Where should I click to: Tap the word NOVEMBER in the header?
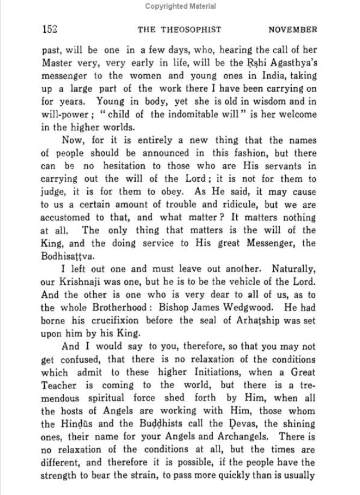[x=292, y=30]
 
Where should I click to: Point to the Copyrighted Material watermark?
[x=180, y=7]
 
